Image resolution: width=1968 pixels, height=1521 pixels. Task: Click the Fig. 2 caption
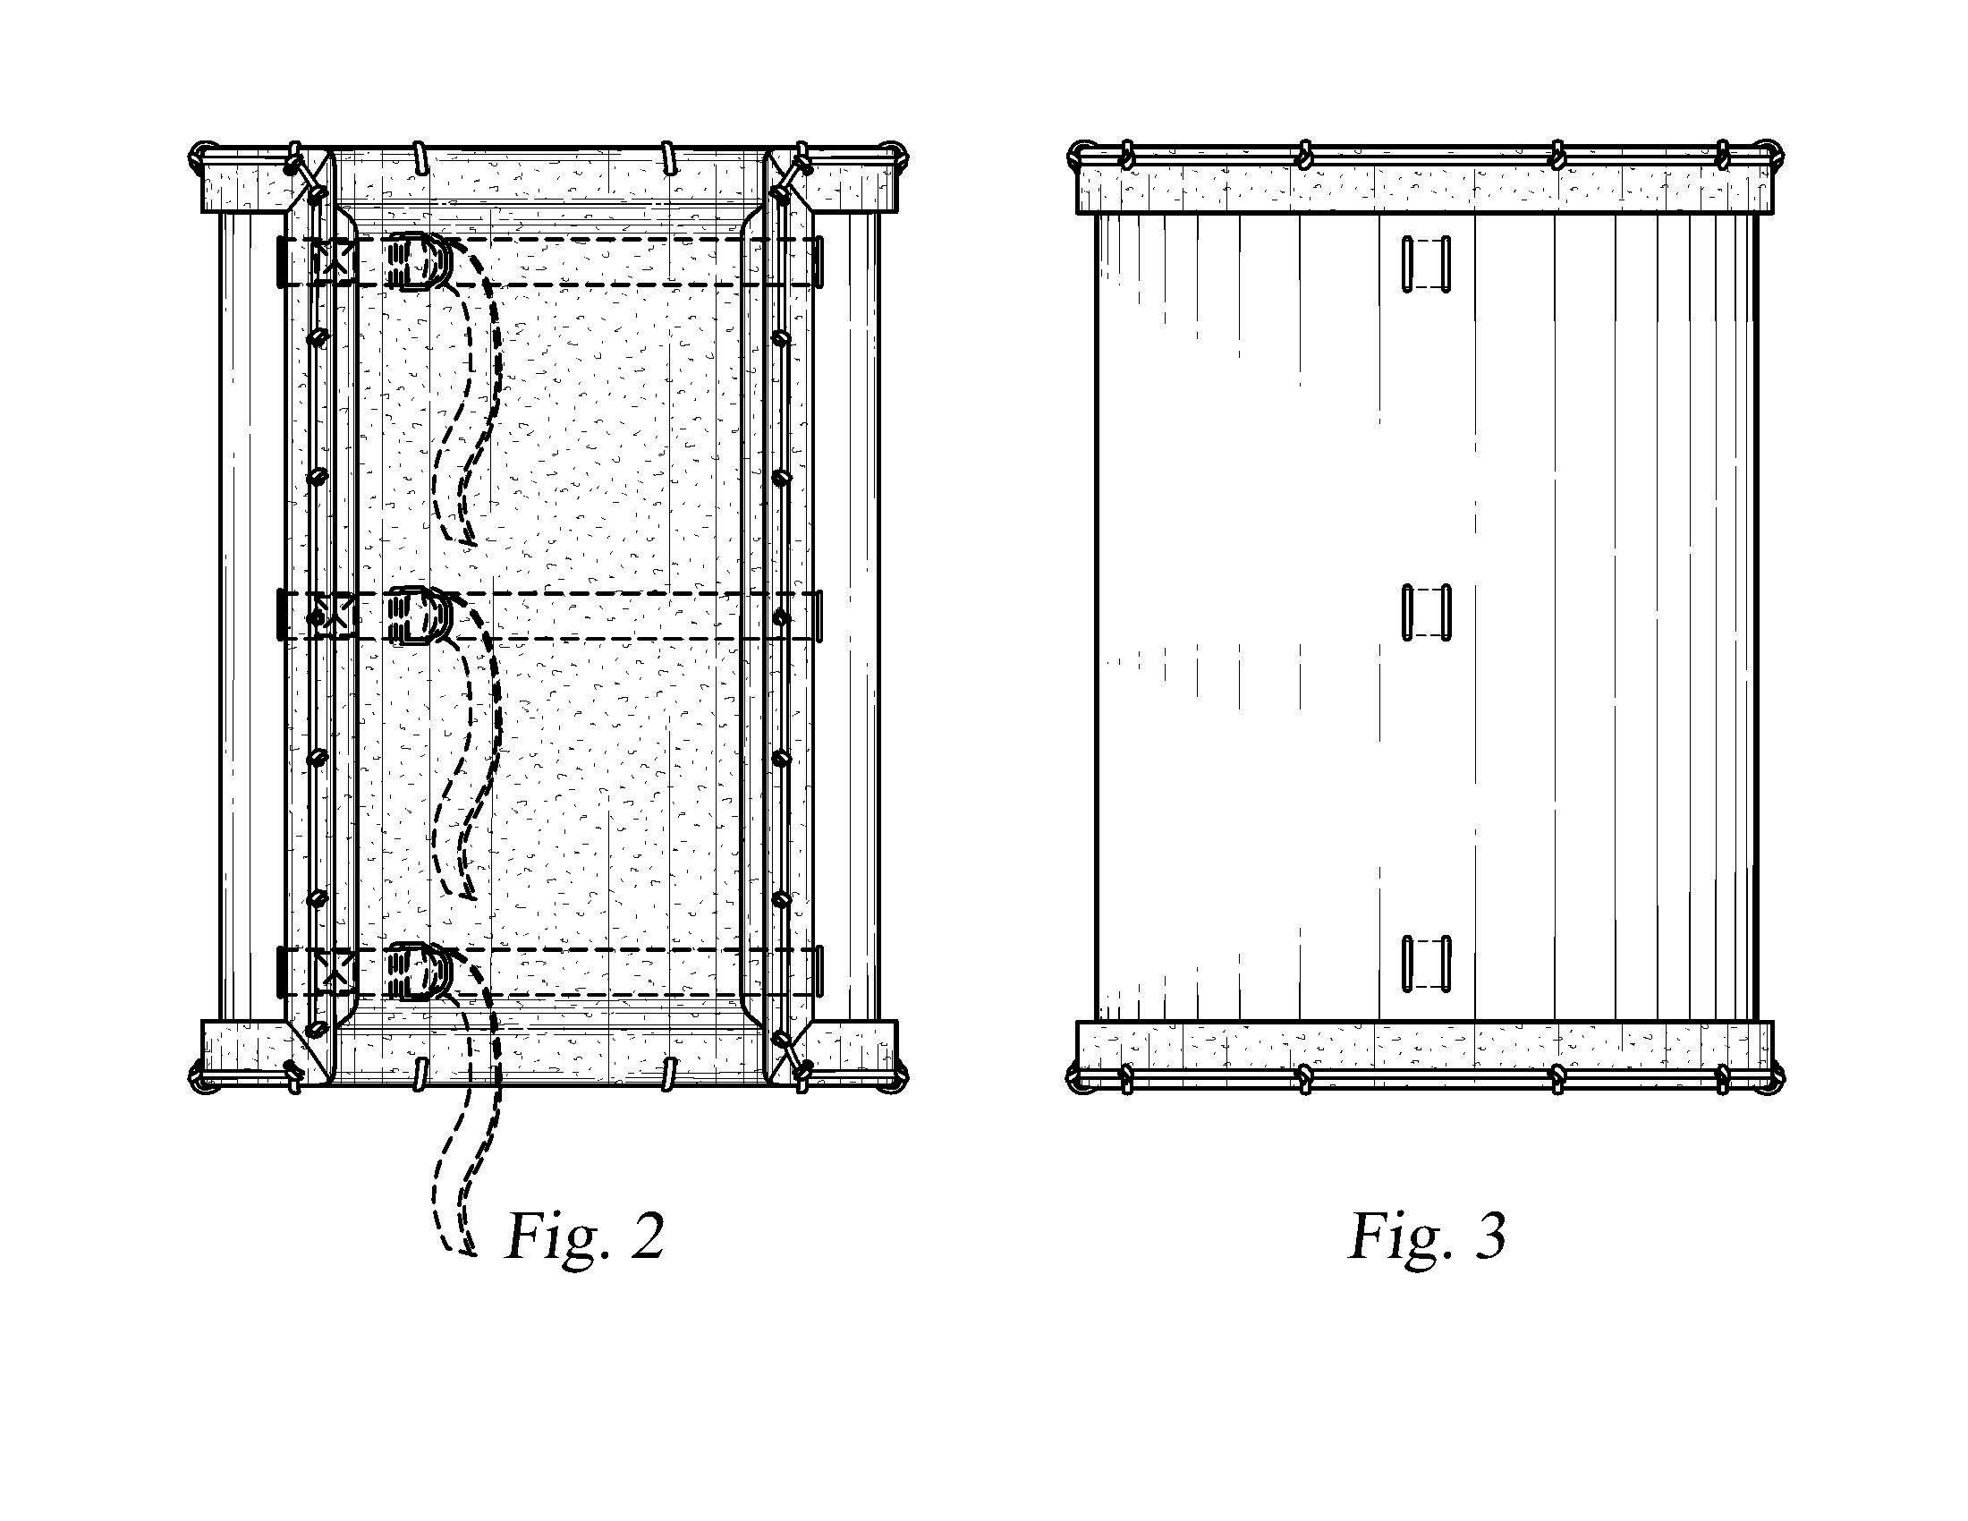tap(586, 1237)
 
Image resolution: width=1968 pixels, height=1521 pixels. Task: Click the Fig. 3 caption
tap(1428, 1236)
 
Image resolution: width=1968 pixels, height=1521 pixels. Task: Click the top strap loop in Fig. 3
tap(1427, 264)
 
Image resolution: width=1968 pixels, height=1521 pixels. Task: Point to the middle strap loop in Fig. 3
tap(1427, 612)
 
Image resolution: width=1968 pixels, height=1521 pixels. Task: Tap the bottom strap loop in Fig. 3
tap(1427, 964)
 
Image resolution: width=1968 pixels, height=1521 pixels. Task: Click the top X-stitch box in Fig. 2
tap(335, 261)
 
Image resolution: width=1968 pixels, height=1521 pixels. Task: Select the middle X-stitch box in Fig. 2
tap(335, 616)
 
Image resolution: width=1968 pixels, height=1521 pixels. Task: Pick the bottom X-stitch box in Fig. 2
tap(335, 972)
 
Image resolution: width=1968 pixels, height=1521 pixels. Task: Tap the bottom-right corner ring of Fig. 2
tap(895, 1080)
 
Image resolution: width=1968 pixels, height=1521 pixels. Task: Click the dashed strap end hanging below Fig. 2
tap(469, 1171)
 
